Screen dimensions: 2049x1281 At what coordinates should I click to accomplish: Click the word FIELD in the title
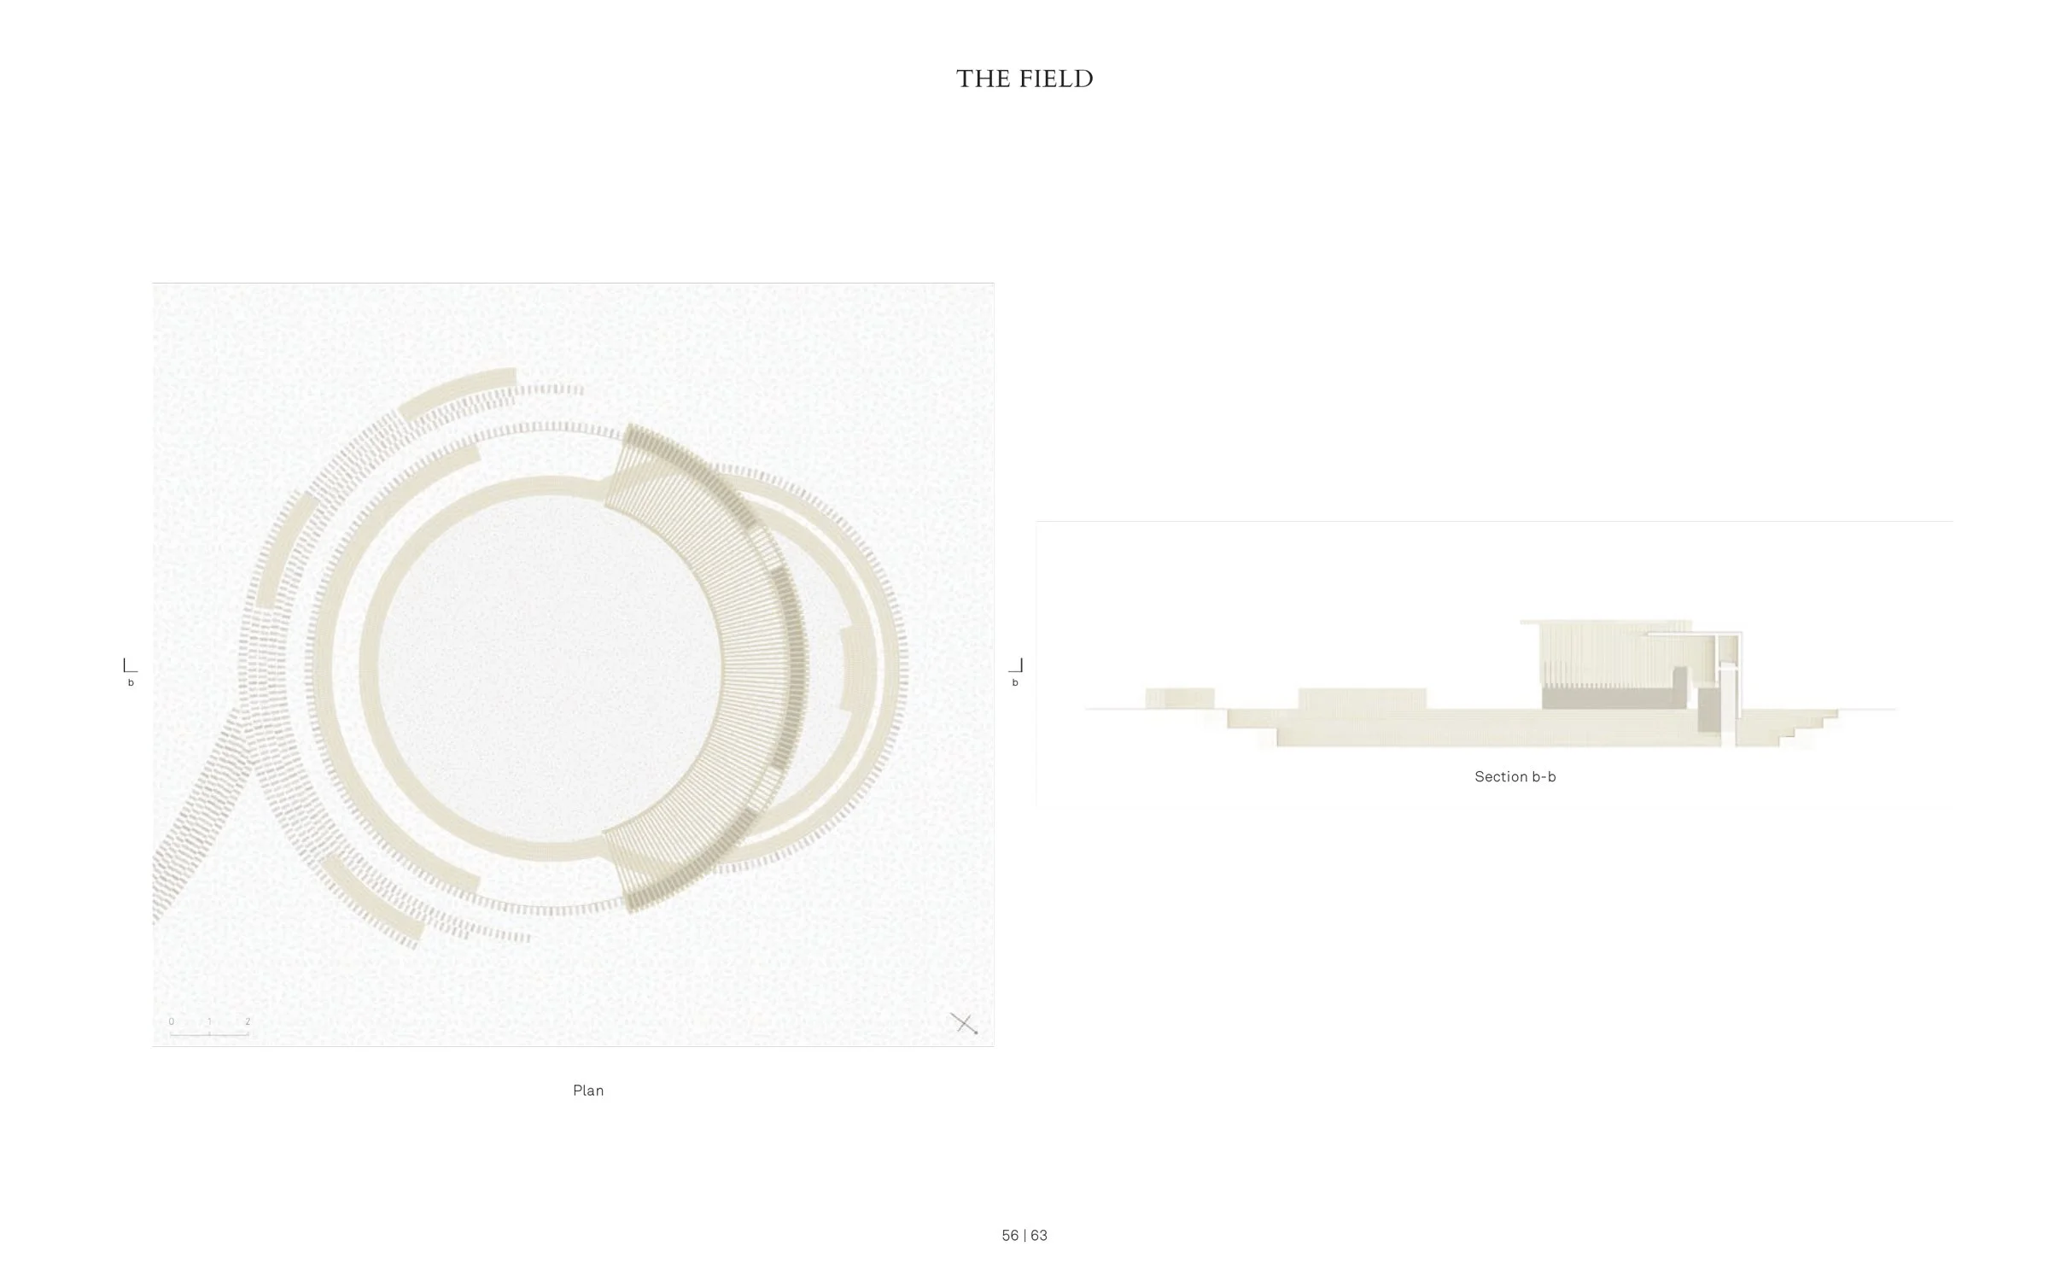pyautogui.click(x=1055, y=79)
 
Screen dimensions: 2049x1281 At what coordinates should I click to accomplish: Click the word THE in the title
pyautogui.click(x=984, y=79)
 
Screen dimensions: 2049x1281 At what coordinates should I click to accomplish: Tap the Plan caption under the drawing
pyautogui.click(x=588, y=1091)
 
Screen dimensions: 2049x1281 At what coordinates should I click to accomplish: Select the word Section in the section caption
pyautogui.click(x=1501, y=776)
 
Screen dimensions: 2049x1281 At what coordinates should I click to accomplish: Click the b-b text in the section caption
pyautogui.click(x=1544, y=776)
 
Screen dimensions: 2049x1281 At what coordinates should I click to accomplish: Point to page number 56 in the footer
pyautogui.click(x=1010, y=1236)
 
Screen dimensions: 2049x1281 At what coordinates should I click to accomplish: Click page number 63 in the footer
pyautogui.click(x=1039, y=1236)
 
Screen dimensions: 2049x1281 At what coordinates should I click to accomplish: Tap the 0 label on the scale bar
pyautogui.click(x=172, y=1021)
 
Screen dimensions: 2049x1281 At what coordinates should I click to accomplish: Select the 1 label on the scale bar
pyautogui.click(x=209, y=1021)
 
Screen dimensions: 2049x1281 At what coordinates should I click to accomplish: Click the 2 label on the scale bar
pyautogui.click(x=248, y=1021)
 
